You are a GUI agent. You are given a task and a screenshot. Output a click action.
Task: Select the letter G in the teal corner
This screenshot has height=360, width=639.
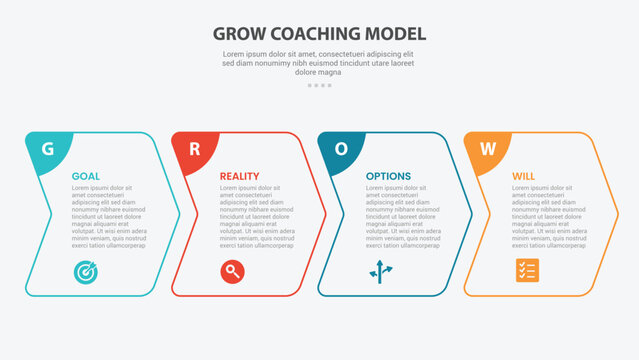click(x=46, y=149)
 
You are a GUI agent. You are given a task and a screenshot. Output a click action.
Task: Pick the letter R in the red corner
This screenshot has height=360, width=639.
click(x=194, y=149)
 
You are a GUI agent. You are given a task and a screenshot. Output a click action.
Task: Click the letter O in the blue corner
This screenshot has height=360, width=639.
click(x=341, y=149)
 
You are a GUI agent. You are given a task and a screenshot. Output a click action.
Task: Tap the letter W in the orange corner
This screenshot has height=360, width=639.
click(x=488, y=149)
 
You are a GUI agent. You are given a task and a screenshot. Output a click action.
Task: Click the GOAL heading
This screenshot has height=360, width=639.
click(x=85, y=176)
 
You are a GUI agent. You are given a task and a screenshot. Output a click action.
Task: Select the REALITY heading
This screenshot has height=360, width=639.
click(x=240, y=176)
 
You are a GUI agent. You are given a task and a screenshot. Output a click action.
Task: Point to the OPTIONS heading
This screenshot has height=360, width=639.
click(x=388, y=176)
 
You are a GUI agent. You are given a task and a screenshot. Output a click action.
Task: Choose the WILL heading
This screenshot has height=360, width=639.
click(x=523, y=176)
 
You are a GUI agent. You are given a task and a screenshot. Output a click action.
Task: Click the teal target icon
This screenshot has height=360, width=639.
click(x=83, y=270)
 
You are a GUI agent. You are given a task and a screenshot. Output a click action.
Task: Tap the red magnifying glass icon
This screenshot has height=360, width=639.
click(x=231, y=270)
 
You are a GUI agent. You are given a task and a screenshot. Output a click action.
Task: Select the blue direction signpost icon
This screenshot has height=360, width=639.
click(x=379, y=270)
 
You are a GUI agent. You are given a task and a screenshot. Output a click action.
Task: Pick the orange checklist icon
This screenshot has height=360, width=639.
click(x=526, y=270)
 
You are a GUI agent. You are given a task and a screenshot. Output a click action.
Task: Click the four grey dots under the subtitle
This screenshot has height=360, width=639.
click(x=319, y=85)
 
